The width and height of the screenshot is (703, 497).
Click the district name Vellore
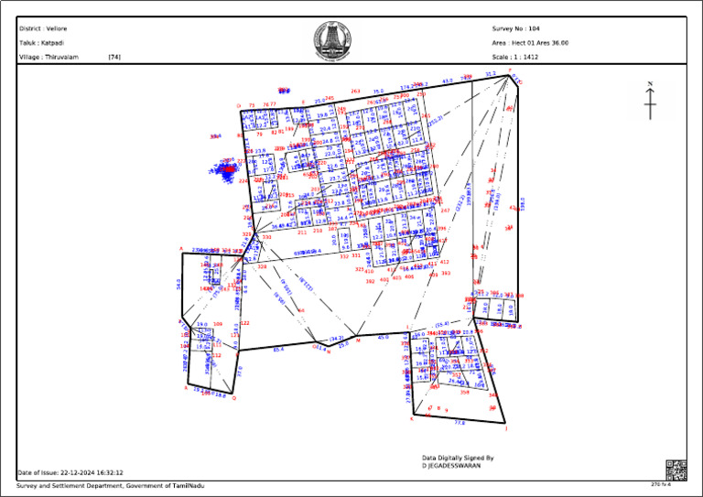coord(57,28)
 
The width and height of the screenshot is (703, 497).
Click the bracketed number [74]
coord(114,57)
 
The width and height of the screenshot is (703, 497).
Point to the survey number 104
coord(534,28)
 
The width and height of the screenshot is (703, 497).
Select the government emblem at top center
coord(326,40)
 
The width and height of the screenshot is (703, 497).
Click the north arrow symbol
coord(650,101)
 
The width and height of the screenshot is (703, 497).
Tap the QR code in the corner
coord(676,470)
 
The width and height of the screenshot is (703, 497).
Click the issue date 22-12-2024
coord(81,472)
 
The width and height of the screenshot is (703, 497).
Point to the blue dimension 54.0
coord(178,285)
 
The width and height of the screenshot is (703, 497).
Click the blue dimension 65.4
coord(278,349)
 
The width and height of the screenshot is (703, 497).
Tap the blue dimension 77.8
coord(460,422)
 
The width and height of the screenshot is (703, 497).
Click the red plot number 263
coord(355,92)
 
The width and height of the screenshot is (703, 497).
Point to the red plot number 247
coord(445,211)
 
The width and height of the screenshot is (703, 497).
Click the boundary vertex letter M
coord(358,341)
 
